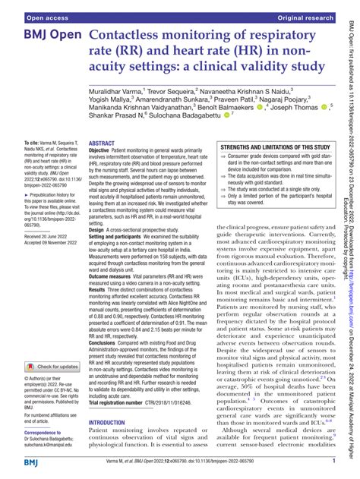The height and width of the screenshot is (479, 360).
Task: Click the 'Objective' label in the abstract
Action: tap(103, 152)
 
